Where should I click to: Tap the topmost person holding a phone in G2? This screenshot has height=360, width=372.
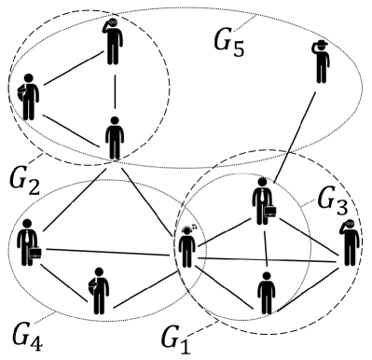[113, 41]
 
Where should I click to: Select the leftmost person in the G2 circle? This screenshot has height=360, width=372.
[29, 95]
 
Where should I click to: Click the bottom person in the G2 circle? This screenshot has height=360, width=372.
[114, 137]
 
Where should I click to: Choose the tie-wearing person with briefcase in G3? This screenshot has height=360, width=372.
[263, 200]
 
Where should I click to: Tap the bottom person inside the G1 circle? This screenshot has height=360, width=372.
[267, 292]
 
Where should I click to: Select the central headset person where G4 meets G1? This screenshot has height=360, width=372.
[189, 248]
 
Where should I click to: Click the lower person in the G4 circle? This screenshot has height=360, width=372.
[98, 290]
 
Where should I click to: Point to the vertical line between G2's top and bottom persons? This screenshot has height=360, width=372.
[114, 90]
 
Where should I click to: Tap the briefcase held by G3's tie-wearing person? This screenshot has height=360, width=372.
[271, 212]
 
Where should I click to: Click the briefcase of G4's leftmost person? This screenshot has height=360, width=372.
[34, 253]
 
